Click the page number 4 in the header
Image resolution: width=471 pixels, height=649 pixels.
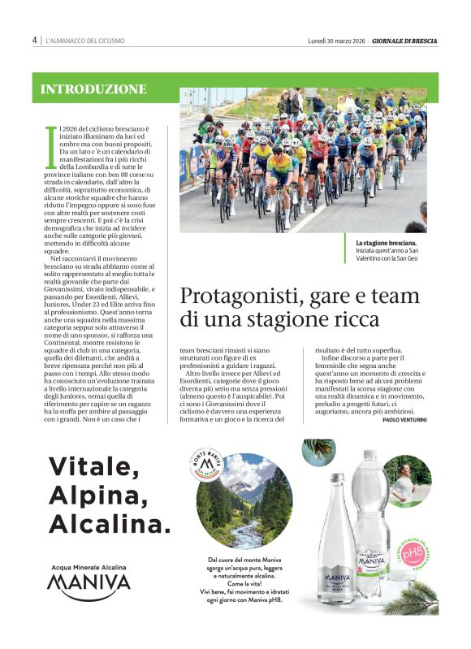pos(35,40)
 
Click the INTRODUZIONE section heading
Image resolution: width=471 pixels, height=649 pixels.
pos(93,89)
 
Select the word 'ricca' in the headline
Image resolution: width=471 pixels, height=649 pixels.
pos(356,319)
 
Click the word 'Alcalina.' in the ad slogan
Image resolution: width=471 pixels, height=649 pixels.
pos(110,521)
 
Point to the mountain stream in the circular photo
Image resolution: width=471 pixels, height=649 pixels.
pos(247,530)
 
